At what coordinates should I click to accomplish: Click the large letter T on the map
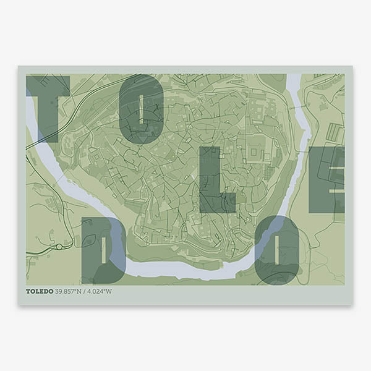pyautogui.click(x=47, y=105)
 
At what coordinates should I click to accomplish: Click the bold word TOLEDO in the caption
pyautogui.click(x=39, y=291)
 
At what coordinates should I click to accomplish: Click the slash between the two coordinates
pyautogui.click(x=86, y=291)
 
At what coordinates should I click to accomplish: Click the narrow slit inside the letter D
pyautogui.click(x=103, y=250)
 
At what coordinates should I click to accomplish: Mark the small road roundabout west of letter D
pyautogui.click(x=59, y=247)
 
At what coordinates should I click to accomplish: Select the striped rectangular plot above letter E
pyautogui.click(x=335, y=132)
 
